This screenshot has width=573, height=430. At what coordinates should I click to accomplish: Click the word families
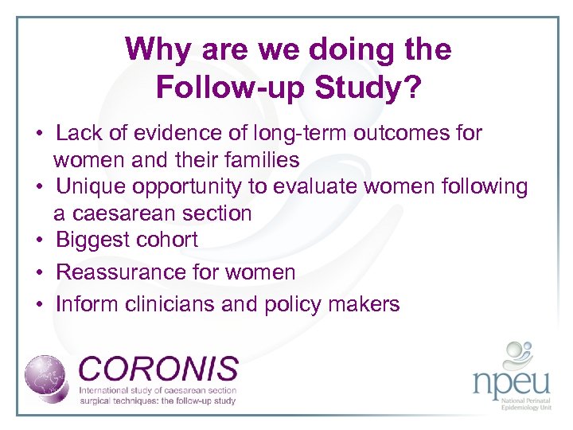[x=261, y=160]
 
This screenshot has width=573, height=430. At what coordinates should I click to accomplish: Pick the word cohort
[x=170, y=240]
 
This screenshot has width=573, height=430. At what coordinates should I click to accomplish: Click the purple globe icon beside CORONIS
[x=49, y=377]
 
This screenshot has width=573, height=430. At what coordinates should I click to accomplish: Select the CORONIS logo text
[x=159, y=369]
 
